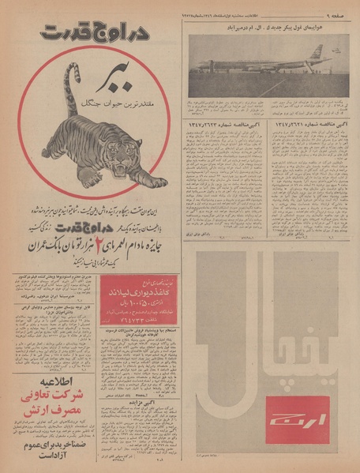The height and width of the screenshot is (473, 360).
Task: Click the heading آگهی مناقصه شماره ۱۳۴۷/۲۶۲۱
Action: pyautogui.click(x=311, y=124)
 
